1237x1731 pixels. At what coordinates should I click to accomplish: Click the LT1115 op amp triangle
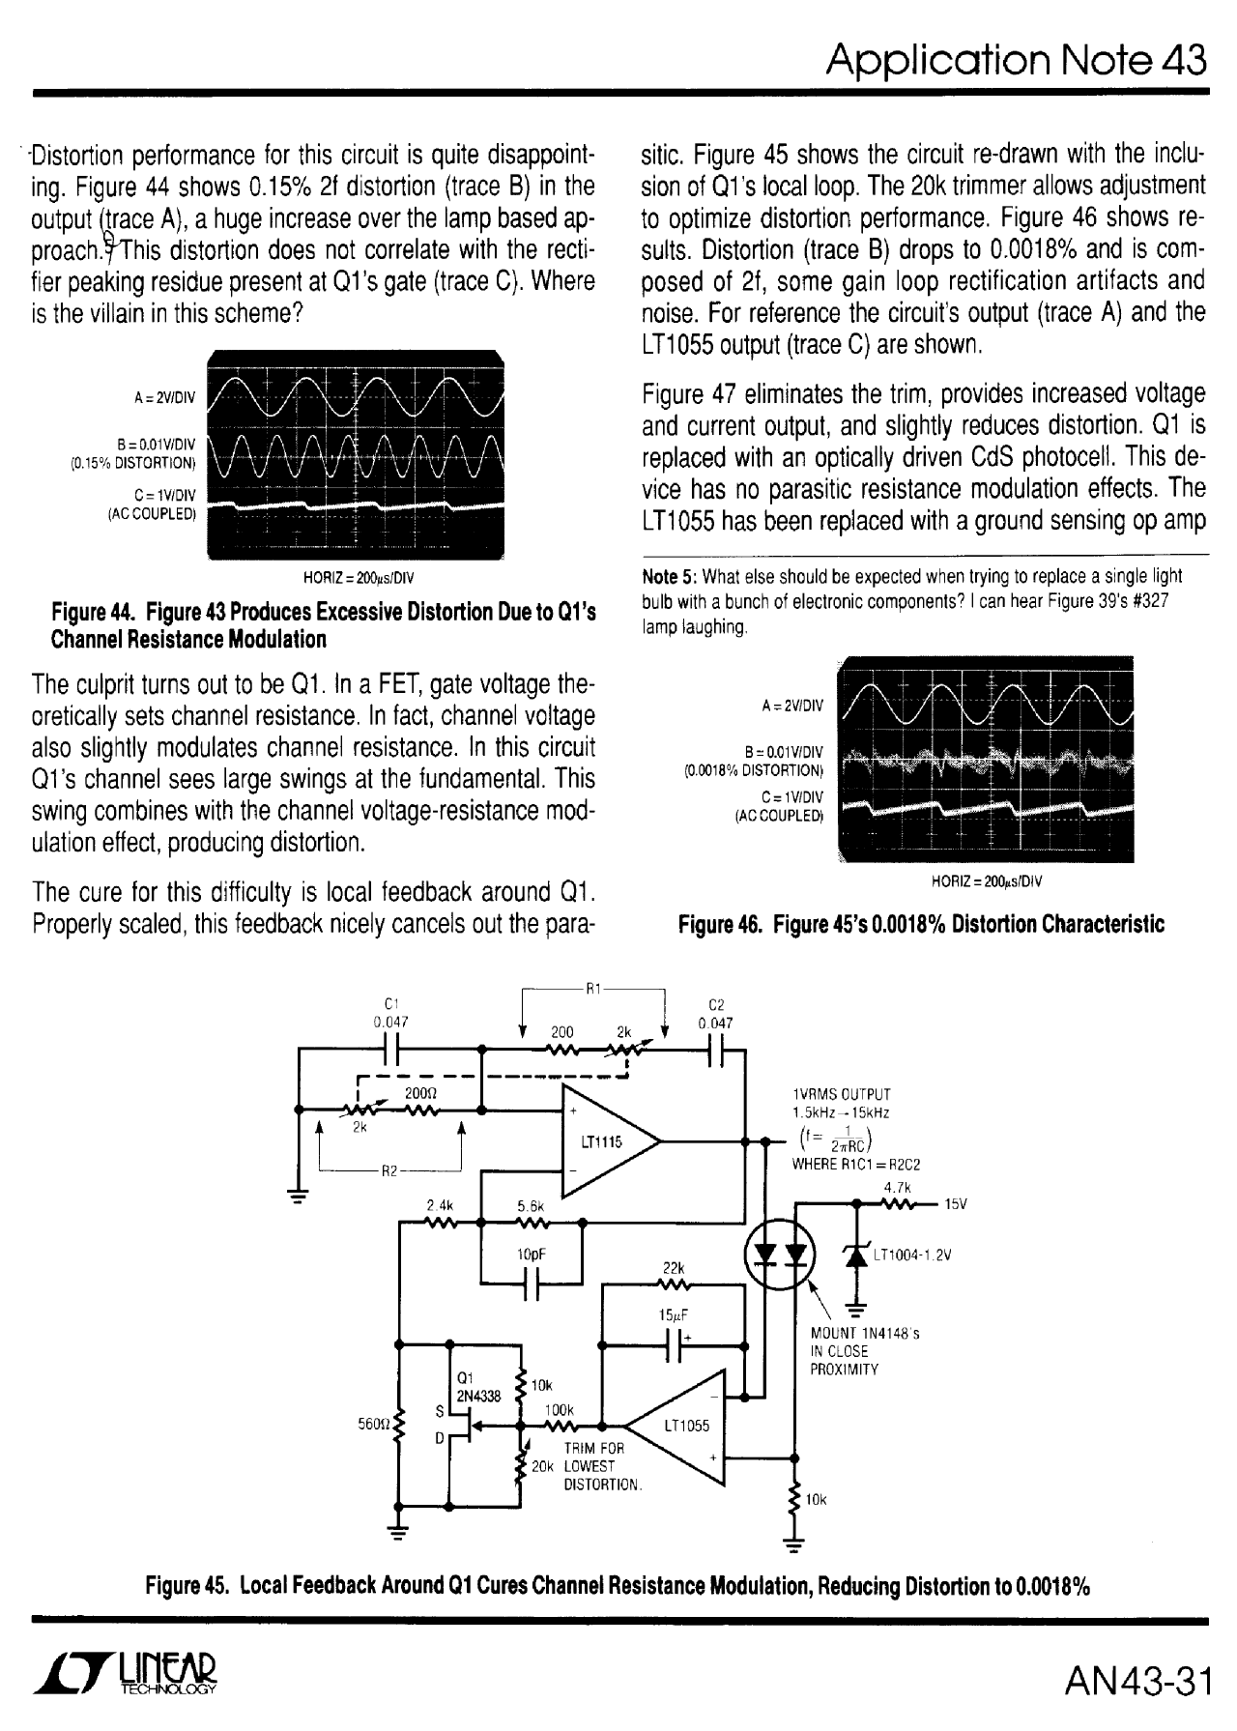point(604,1141)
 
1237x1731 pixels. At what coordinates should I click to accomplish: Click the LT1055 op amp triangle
point(681,1426)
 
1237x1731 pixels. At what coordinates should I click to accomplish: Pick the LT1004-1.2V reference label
point(913,1256)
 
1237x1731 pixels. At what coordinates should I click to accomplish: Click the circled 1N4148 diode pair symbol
point(780,1254)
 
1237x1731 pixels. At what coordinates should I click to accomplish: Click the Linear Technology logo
point(126,1680)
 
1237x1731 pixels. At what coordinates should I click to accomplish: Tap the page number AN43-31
point(1136,1681)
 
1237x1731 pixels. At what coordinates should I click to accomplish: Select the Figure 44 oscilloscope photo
point(357,455)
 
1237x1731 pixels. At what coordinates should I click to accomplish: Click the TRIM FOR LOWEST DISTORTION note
point(600,1465)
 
